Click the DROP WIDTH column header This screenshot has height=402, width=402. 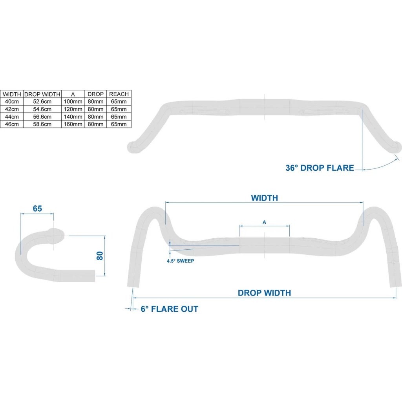tap(42, 94)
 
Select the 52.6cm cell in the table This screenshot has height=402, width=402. tap(42, 102)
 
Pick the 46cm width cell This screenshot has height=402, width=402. tap(12, 124)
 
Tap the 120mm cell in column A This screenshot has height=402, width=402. tap(73, 109)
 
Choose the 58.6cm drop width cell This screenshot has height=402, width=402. tap(42, 124)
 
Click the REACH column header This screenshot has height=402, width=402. tap(119, 94)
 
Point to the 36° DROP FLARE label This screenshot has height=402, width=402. tap(320, 168)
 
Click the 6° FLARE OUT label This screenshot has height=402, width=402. tap(170, 309)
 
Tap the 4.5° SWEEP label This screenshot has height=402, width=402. tap(181, 261)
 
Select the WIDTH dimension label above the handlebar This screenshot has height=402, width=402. tap(264, 198)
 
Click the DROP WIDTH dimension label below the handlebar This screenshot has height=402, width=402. tap(264, 293)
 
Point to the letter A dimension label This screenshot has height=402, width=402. tap(264, 222)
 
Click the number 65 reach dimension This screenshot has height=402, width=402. tap(37, 209)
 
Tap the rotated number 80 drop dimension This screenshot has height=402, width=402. tap(100, 256)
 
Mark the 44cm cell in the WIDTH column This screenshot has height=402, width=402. tap(12, 117)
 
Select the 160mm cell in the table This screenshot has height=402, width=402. tap(73, 124)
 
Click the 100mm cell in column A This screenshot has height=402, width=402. tap(73, 102)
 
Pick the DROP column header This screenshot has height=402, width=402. tap(96, 94)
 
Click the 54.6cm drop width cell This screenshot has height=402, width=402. tap(42, 109)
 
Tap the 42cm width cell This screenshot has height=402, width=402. tap(12, 109)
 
